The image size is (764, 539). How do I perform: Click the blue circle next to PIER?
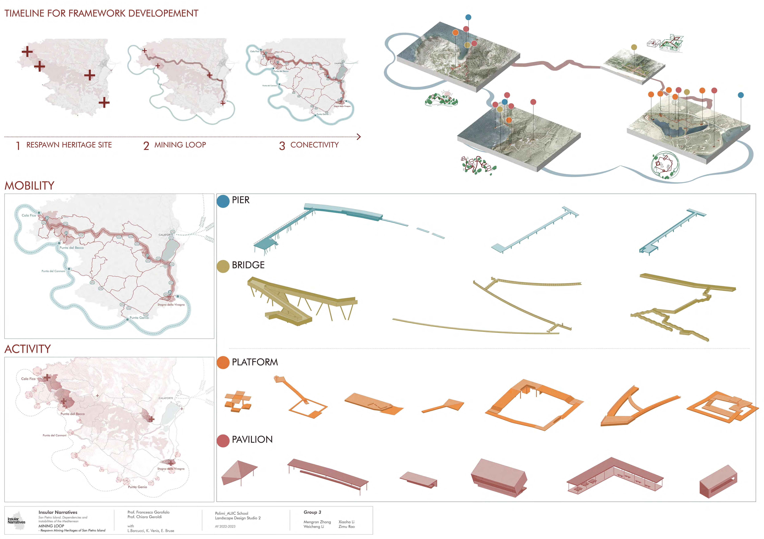223,201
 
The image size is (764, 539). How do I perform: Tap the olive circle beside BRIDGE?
223,266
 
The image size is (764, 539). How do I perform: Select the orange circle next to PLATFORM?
223,363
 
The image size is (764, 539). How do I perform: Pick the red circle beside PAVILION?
223,441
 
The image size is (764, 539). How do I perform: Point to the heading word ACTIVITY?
28,349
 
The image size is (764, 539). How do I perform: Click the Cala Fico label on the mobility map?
29,215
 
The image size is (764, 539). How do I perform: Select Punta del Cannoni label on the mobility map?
53,271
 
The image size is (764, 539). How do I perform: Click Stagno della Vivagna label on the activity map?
171,469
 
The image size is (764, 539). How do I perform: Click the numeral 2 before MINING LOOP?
146,146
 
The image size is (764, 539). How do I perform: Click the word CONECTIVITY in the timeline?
314,145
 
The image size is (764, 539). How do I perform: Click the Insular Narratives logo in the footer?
16,520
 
